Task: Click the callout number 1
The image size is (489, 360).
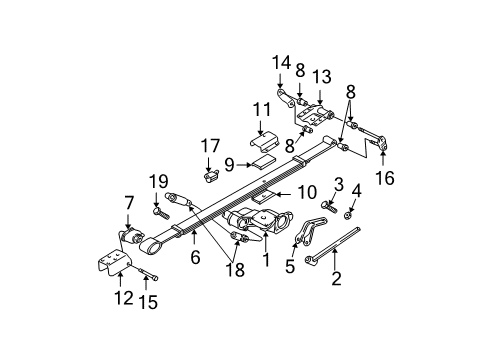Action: (266, 261)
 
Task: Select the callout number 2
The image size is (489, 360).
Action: (337, 279)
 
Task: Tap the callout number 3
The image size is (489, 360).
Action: (338, 184)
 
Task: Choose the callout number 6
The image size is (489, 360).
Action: (195, 257)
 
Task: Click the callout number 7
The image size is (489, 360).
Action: (127, 204)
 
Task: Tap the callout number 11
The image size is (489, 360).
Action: (261, 109)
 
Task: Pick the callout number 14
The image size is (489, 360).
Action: (280, 62)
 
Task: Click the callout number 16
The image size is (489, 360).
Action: (384, 177)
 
